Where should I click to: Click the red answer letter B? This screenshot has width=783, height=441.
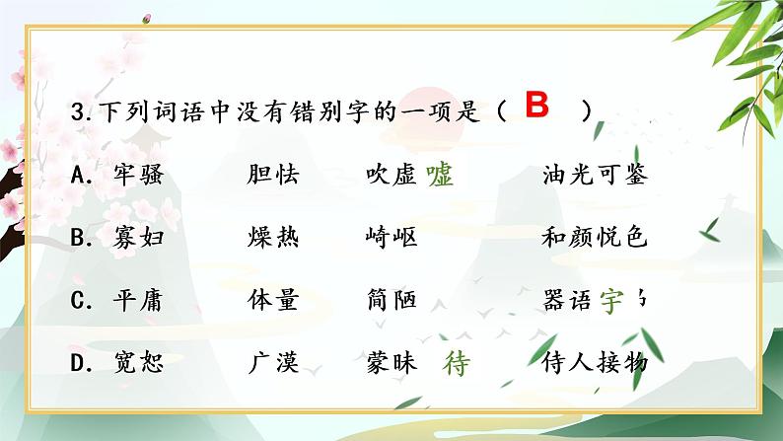point(536,107)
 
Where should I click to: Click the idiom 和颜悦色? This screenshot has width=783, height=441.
point(595,238)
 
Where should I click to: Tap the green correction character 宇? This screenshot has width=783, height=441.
point(612,301)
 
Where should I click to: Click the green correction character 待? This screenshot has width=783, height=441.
point(457,364)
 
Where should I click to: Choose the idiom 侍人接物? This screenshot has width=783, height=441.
point(595,363)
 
